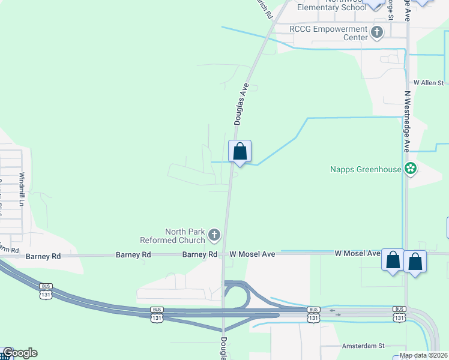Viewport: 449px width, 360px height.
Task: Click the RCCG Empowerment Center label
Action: pos(328,33)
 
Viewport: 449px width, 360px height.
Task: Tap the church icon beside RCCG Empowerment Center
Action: pos(377,32)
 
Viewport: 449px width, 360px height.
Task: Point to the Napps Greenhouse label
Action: pos(366,169)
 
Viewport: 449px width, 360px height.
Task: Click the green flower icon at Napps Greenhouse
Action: pos(411,169)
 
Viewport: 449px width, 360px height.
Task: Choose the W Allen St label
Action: pos(429,82)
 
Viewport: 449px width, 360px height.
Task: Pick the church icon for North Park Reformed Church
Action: pos(214,235)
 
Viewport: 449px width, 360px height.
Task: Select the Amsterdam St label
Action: pos(362,346)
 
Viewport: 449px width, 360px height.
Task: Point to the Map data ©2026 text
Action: pos(423,355)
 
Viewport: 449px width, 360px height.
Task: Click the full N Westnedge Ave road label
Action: pos(406,121)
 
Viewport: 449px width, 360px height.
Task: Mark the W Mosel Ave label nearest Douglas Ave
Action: pos(251,254)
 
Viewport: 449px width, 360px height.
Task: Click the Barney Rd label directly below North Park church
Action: pos(200,254)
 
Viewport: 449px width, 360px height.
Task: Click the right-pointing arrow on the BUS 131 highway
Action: pos(337,314)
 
